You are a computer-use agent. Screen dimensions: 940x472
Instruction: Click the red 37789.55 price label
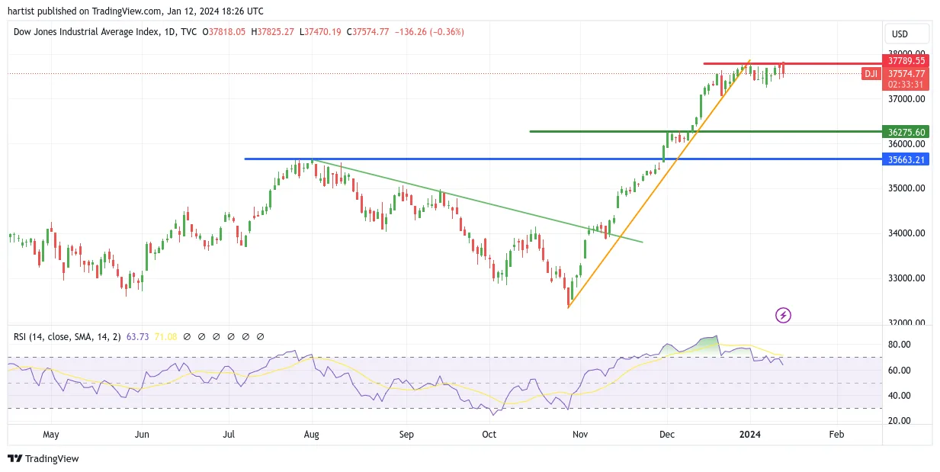(x=906, y=61)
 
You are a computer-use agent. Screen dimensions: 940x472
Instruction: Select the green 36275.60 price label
(x=906, y=132)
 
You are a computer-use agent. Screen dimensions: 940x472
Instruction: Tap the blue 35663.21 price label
(x=906, y=159)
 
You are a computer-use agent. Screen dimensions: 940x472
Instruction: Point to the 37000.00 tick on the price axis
(x=906, y=99)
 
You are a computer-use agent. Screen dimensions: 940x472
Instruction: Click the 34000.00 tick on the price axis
(x=906, y=233)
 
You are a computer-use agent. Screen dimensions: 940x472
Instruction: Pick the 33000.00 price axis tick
(x=906, y=278)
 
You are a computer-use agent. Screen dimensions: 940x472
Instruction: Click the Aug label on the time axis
(x=311, y=434)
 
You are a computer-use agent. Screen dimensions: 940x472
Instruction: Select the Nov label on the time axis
(x=580, y=434)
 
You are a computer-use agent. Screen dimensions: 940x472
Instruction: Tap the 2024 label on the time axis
(x=750, y=434)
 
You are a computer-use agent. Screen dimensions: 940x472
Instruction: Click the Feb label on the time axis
(x=836, y=434)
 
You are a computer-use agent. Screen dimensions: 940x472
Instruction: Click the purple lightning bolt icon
(x=783, y=315)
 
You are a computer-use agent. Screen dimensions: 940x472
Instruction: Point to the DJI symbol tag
(x=871, y=74)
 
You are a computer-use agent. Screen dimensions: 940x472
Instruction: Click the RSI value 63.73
(x=137, y=336)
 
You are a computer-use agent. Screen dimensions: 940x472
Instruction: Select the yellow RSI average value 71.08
(x=165, y=336)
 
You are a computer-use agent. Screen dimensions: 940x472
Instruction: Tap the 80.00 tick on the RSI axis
(x=900, y=345)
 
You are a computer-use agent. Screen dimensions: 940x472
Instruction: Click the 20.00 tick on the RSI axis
(x=900, y=420)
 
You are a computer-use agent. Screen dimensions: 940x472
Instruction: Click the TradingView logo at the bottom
(x=43, y=458)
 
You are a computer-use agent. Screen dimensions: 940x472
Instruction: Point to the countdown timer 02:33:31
(x=906, y=85)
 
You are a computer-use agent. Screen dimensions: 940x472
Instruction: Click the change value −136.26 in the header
(x=410, y=32)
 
